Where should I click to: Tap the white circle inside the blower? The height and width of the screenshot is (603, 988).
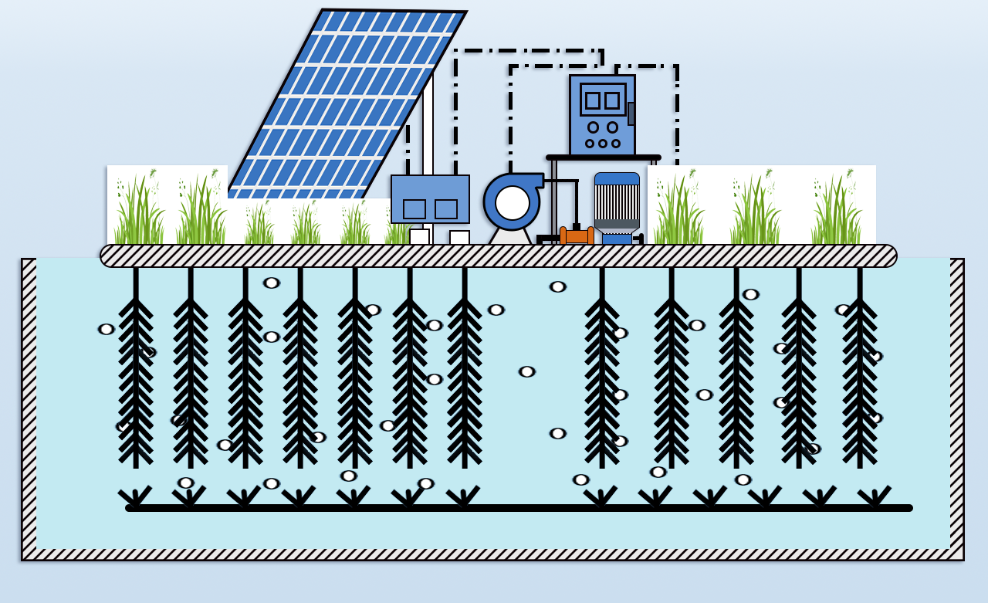(x=512, y=203)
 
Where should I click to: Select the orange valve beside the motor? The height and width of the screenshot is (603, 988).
(x=577, y=236)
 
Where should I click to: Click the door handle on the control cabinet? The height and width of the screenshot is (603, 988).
(x=631, y=113)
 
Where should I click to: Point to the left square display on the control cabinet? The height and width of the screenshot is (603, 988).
(x=593, y=100)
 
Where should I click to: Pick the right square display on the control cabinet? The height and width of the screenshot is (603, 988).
(x=612, y=100)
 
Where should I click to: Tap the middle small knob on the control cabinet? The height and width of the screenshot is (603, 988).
(x=603, y=143)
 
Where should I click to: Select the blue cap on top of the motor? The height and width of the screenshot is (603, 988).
(x=617, y=178)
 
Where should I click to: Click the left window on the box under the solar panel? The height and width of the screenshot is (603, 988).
(x=414, y=209)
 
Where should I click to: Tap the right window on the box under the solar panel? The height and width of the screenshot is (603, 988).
(x=446, y=209)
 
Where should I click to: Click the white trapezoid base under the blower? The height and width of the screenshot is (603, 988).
(x=510, y=236)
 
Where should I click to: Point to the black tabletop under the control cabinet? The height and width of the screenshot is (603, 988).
(x=603, y=158)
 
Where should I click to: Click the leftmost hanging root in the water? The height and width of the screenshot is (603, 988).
(x=136, y=371)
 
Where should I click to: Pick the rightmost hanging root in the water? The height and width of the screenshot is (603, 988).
(x=860, y=371)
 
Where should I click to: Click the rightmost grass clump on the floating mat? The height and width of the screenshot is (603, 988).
(x=837, y=210)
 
